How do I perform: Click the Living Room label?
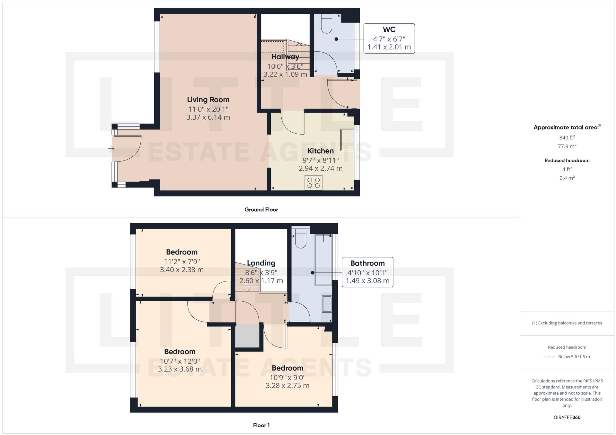[208, 100]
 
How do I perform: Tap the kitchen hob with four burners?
[313, 183]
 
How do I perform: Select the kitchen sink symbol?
[347, 140]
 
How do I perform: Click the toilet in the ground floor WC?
[326, 24]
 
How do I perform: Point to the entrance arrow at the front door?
[111, 148]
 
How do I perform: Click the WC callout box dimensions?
[389, 43]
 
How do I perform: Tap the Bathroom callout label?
[367, 263]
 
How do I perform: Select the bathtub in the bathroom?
[323, 260]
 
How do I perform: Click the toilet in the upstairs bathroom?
[301, 239]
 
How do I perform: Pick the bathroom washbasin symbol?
[327, 304]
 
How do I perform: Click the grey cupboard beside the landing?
[247, 336]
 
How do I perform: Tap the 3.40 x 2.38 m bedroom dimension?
[182, 270]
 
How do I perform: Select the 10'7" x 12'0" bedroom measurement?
[180, 361]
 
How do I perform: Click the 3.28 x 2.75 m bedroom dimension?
[287, 386]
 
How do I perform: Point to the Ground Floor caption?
[261, 210]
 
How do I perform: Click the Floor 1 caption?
[261, 425]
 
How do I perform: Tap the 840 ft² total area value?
[567, 138]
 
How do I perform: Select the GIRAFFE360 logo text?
[567, 417]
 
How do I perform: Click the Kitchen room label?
[321, 151]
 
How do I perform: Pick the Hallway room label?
[285, 57]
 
